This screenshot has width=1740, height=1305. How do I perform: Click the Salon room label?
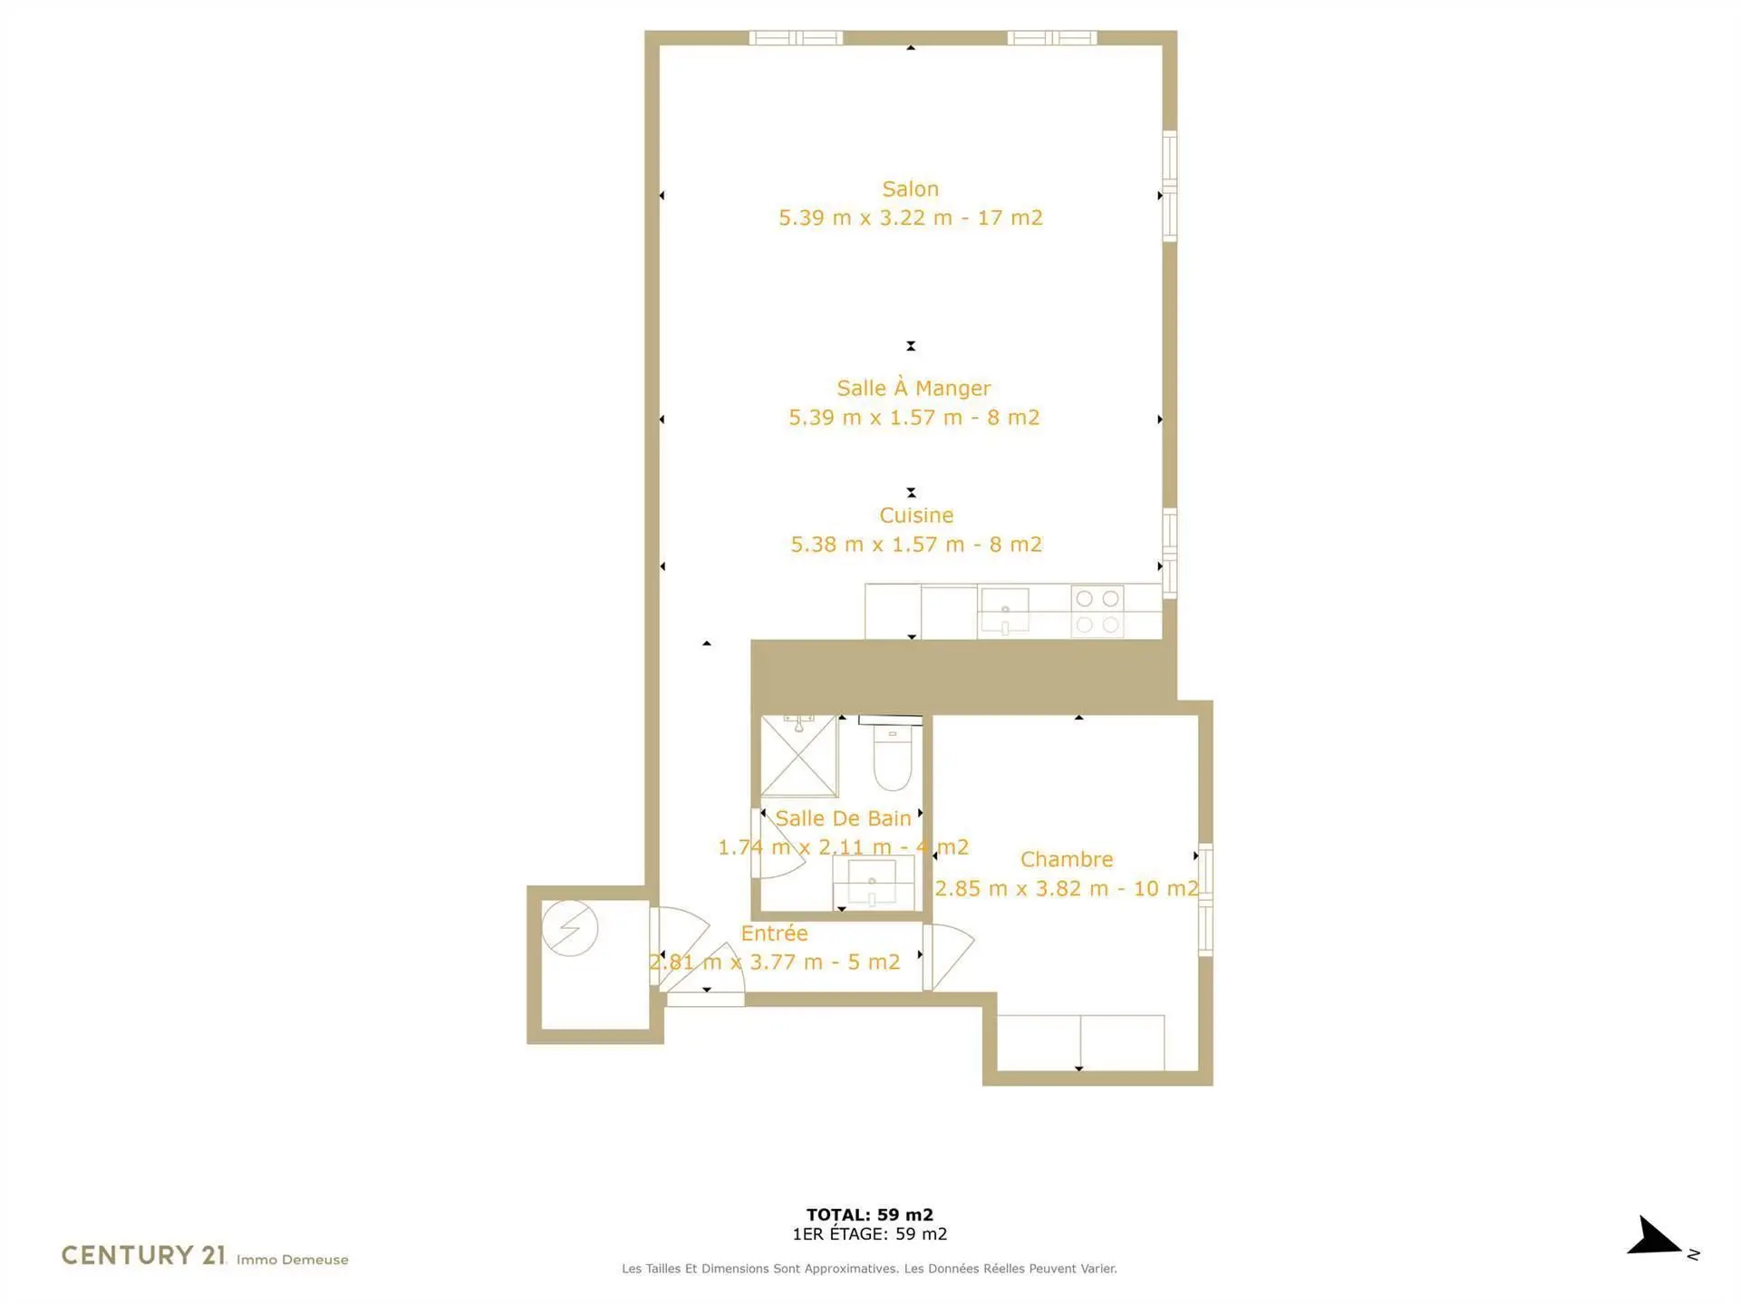(910, 188)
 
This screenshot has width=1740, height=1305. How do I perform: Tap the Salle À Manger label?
(913, 388)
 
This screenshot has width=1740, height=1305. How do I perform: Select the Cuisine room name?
(916, 515)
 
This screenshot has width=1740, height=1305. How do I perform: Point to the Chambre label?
(1067, 859)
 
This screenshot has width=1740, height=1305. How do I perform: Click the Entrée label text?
(774, 933)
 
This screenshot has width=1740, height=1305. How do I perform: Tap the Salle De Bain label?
(843, 818)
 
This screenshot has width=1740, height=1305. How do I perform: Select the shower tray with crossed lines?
(798, 756)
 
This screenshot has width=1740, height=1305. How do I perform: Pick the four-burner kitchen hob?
(1097, 612)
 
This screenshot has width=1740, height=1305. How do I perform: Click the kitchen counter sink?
(1004, 610)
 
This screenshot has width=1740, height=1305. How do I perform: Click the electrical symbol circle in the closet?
(570, 928)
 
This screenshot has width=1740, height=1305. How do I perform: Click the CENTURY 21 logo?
(143, 1255)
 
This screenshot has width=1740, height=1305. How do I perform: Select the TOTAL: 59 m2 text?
(870, 1214)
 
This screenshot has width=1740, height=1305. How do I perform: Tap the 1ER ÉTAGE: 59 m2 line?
(870, 1233)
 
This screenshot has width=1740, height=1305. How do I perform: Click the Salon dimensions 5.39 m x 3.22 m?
(865, 217)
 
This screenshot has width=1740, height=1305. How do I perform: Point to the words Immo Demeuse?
(292, 1260)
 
